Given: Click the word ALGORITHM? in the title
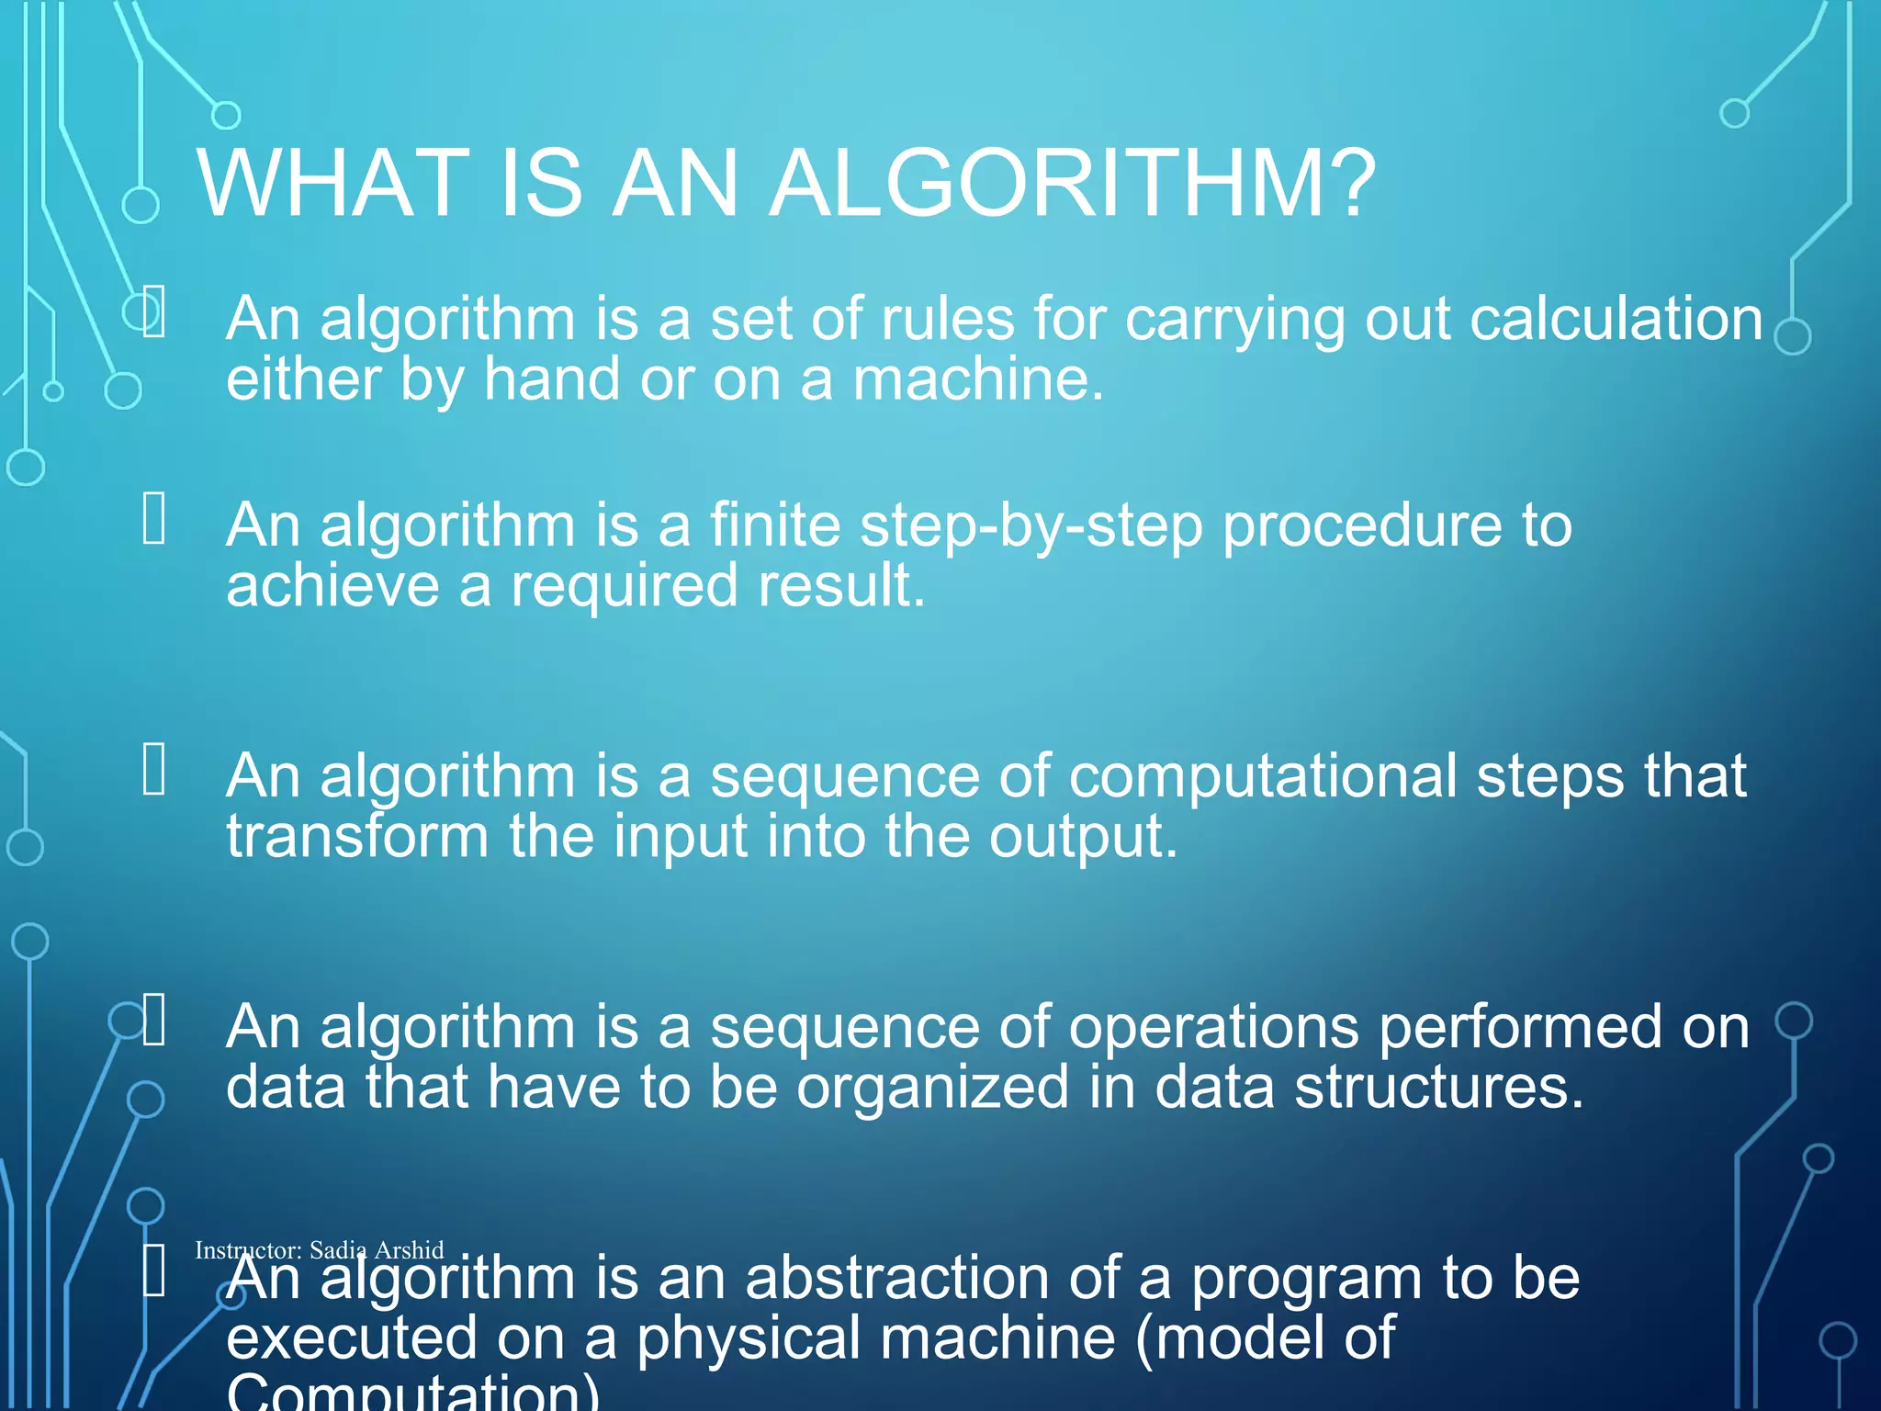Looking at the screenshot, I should pyautogui.click(x=1071, y=185).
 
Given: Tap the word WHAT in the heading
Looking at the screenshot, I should pyautogui.click(x=332, y=185).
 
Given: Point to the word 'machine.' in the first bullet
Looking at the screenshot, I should pyautogui.click(x=978, y=379).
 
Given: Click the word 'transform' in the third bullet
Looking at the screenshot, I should pyautogui.click(x=357, y=837).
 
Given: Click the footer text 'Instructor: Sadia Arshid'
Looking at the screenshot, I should pyautogui.click(x=319, y=1250).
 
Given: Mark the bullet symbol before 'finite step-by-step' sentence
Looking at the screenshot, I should pyautogui.click(x=154, y=518).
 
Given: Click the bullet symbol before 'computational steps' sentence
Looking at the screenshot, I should pyautogui.click(x=154, y=769).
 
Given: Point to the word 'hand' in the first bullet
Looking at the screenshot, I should pyautogui.click(x=552, y=379).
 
